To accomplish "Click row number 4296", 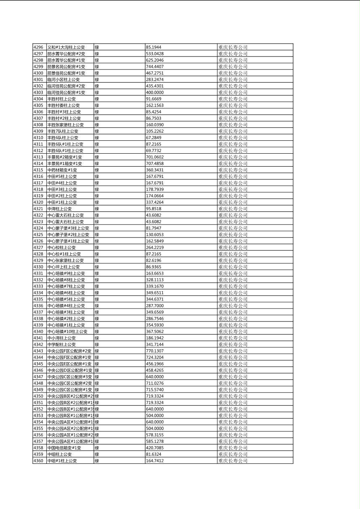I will (x=38, y=47).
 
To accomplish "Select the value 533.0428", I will (x=155, y=54).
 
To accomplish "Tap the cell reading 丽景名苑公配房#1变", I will (x=66, y=67).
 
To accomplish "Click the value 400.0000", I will (x=155, y=92).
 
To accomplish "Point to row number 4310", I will (x=38, y=138).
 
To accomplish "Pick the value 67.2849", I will (x=153, y=138).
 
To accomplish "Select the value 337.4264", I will (x=155, y=202).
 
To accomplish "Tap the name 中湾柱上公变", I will (x=59, y=209).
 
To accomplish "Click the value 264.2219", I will (x=155, y=247).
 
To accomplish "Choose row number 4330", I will (x=38, y=267).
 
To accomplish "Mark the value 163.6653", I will (x=155, y=273).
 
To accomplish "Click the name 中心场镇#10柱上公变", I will (x=67, y=332).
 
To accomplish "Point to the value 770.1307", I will (x=155, y=351).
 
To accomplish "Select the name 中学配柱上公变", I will (x=61, y=344).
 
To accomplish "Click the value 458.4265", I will (x=155, y=370).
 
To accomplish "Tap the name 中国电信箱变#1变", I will (x=64, y=448).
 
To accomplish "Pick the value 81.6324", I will (x=153, y=454).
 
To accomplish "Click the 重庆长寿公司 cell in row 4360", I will (x=233, y=461).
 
